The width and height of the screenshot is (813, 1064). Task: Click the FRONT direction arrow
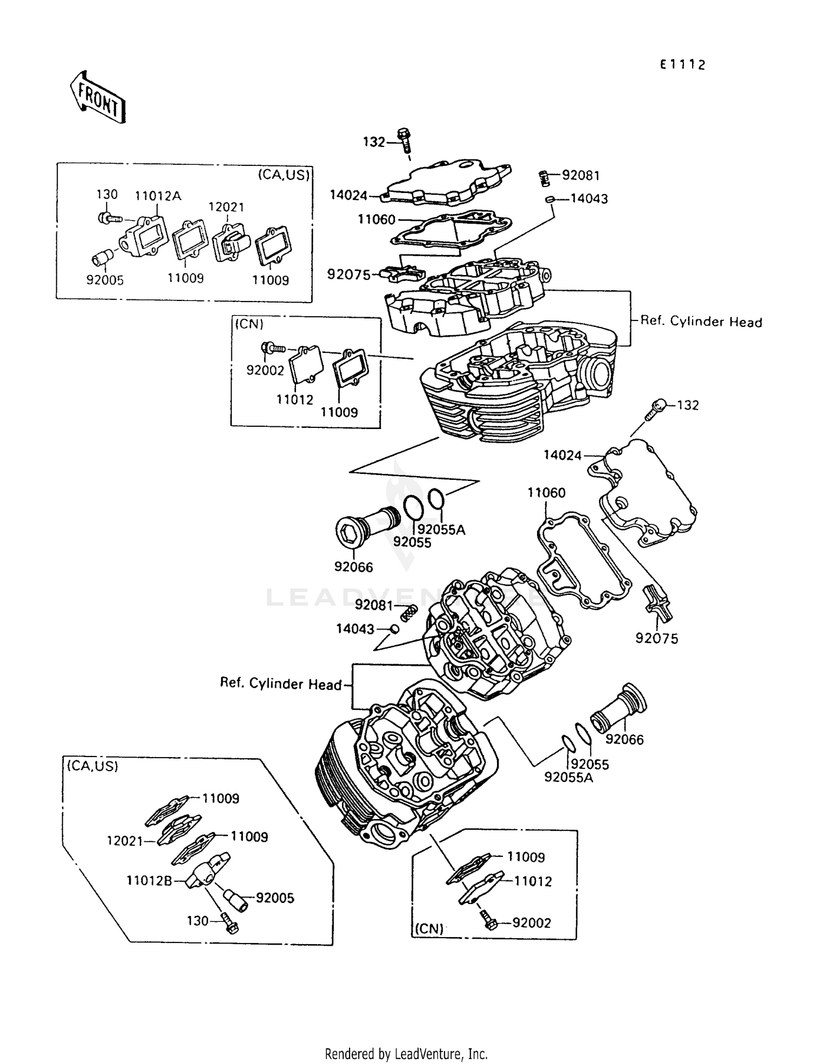click(98, 97)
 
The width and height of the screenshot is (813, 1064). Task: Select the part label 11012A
click(158, 196)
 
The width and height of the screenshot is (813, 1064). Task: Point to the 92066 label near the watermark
click(353, 567)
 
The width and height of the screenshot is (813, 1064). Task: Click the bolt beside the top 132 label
click(404, 140)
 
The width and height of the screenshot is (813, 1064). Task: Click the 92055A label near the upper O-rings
click(441, 529)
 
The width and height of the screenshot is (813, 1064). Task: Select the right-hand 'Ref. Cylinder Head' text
click(701, 322)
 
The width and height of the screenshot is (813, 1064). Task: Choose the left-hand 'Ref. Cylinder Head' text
click(280, 683)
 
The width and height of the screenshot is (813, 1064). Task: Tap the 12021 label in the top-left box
click(227, 207)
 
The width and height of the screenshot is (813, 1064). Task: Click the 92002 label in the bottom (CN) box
click(531, 923)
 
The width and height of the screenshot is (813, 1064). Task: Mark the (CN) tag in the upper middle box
click(249, 324)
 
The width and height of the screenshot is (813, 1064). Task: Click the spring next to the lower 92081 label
click(410, 613)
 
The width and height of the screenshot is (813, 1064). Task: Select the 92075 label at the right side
click(656, 639)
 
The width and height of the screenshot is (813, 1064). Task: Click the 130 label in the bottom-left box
click(197, 921)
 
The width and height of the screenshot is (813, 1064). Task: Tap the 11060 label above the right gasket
click(546, 492)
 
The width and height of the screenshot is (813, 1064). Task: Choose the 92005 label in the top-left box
click(105, 280)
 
